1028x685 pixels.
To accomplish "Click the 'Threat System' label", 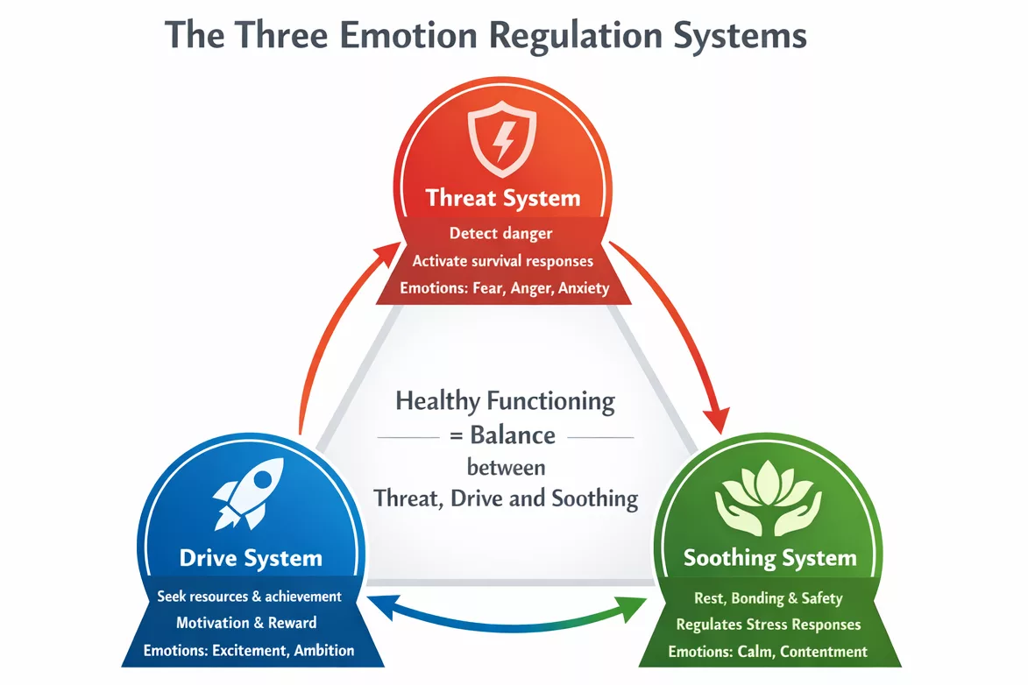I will coord(503,198).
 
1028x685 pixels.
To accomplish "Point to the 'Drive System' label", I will coord(251,558).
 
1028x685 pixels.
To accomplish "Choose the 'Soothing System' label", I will coord(769,559).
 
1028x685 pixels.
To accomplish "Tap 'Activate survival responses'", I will coord(503,261).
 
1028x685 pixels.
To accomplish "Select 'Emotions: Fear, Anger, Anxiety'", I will coord(504,287).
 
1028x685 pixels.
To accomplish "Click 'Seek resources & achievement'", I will coord(249,597).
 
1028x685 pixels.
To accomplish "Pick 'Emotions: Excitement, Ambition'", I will coord(249,650).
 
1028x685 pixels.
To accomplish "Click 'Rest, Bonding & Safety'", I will coord(768,598).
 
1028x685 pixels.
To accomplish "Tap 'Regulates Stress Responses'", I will coord(768,625).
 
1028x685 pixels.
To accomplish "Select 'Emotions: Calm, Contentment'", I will coord(768,652).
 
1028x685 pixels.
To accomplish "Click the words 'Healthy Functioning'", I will coord(505,402).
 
